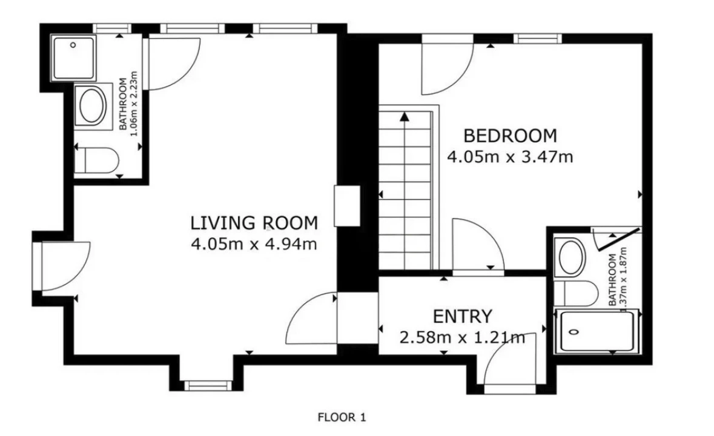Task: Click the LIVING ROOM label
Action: coord(254,223)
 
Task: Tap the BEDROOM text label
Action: coord(510,136)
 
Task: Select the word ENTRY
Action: coord(462,316)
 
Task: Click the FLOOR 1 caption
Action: coord(342,417)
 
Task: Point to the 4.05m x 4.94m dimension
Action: coord(254,245)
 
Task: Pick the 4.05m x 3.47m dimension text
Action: coord(510,157)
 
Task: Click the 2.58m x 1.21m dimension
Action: coord(462,338)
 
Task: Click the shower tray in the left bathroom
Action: coord(73,58)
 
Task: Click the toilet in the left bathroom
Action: coord(96,160)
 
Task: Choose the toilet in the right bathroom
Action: coord(575,294)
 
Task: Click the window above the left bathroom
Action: coord(112,28)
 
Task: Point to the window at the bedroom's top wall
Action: coord(537,38)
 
